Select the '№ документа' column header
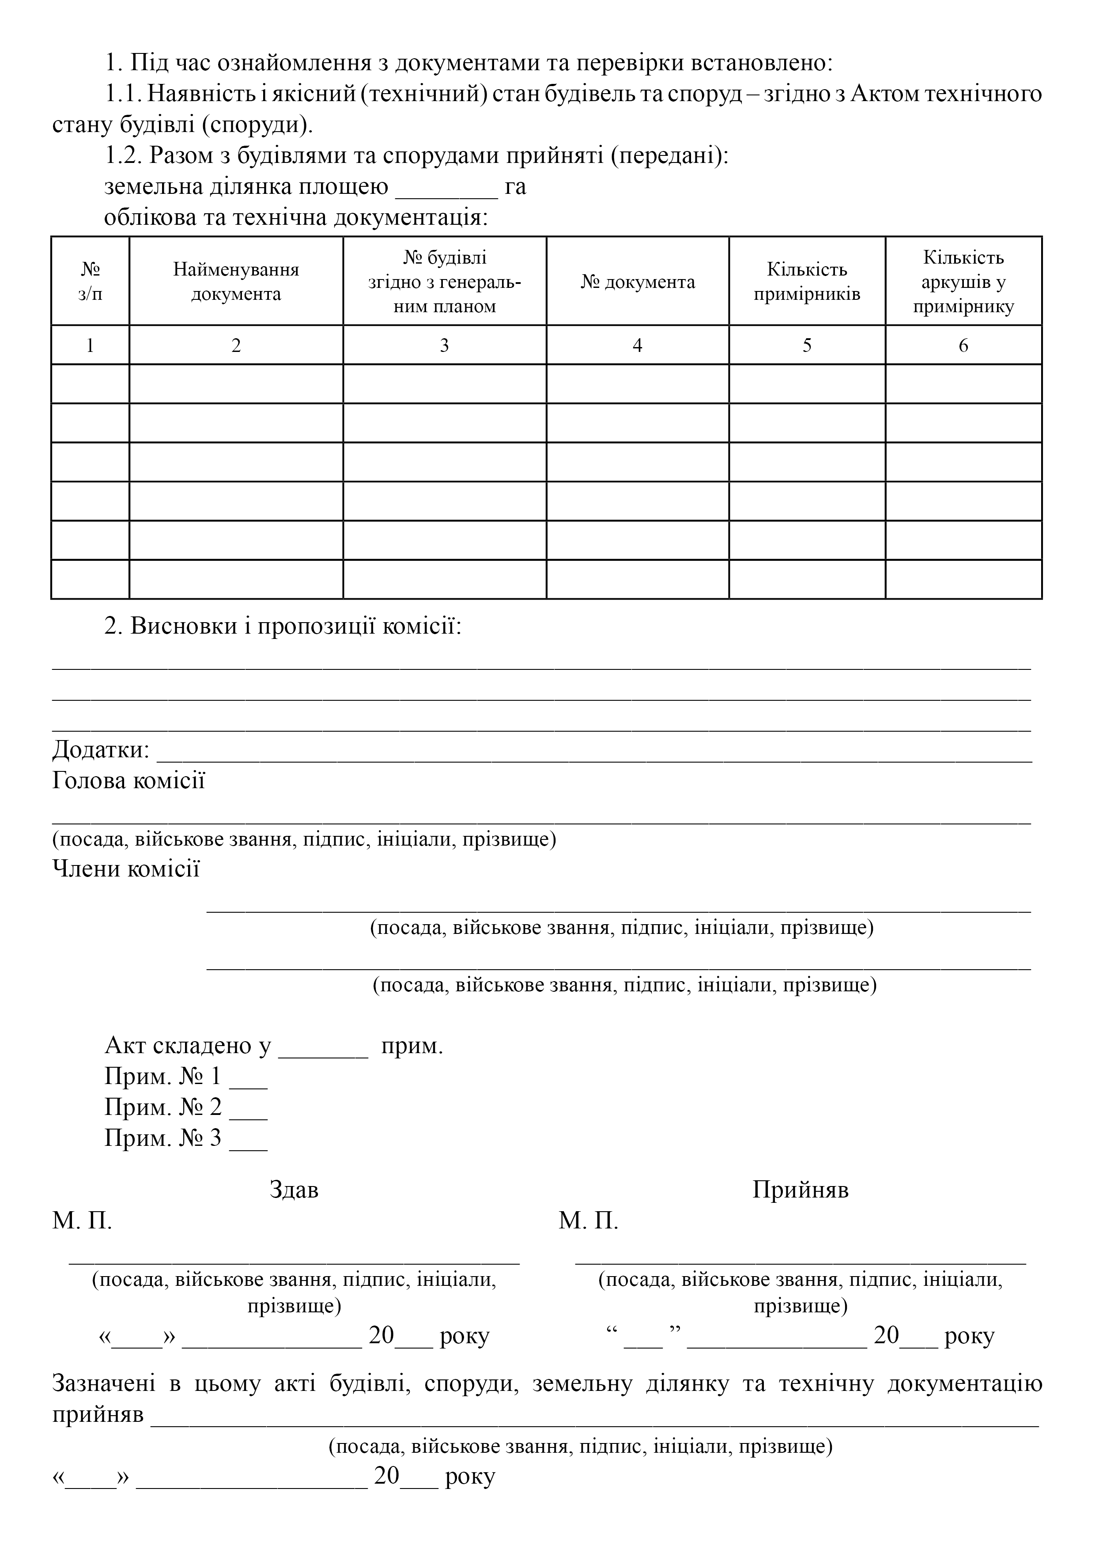pyautogui.click(x=638, y=281)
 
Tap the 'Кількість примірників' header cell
pyautogui.click(x=807, y=281)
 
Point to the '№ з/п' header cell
pyautogui.click(x=90, y=281)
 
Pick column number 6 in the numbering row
pyautogui.click(x=963, y=345)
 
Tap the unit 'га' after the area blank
pyautogui.click(x=515, y=187)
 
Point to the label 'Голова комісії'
pyautogui.click(x=128, y=781)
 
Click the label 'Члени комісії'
pyautogui.click(x=126, y=868)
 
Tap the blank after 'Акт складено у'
pyautogui.click(x=323, y=1047)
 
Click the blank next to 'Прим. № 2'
pyautogui.click(x=248, y=1109)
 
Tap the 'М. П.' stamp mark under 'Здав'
pyautogui.click(x=82, y=1220)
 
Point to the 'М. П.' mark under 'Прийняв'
pyautogui.click(x=588, y=1220)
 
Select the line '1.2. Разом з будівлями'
pyautogui.click(x=416, y=156)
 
